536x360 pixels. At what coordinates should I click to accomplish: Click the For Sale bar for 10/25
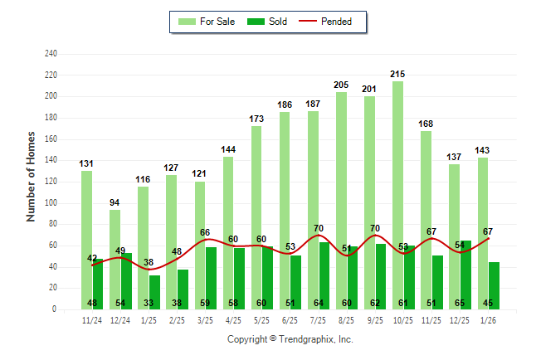[x=397, y=195]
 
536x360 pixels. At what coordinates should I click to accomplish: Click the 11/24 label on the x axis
[x=92, y=320]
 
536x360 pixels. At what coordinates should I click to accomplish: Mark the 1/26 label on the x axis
[x=489, y=320]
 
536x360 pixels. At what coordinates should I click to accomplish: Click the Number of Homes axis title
[x=32, y=176]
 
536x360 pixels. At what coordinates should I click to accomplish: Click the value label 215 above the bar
[x=397, y=75]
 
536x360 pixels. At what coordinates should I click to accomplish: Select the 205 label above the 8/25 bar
[x=341, y=85]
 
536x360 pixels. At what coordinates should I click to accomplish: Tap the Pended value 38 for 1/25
[x=149, y=262]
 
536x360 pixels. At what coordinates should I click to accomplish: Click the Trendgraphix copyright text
[x=290, y=339]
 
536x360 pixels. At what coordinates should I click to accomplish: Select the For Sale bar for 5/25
[x=256, y=217]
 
